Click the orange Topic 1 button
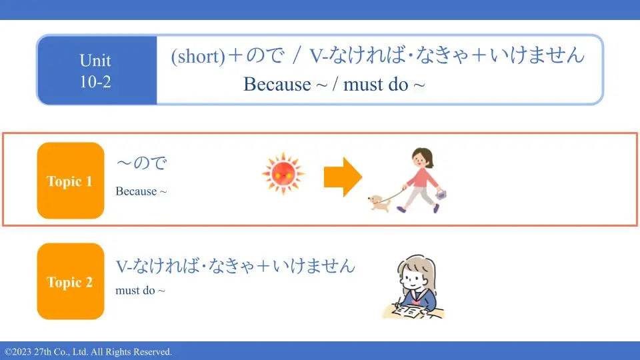pos(71,181)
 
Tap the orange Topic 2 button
pos(71,281)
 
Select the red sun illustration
pos(283,174)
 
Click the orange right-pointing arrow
pos(343,177)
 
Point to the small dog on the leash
pos(379,203)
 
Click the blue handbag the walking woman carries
pos(441,194)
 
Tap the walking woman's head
pos(423,158)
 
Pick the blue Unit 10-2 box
pos(97,70)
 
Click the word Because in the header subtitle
pos(277,85)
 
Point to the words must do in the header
pos(375,85)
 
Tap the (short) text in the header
pos(198,56)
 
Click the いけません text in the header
pos(537,55)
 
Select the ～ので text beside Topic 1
pos(141,163)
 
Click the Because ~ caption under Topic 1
pos(141,191)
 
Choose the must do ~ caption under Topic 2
pos(141,290)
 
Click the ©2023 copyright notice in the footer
pos(89,352)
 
